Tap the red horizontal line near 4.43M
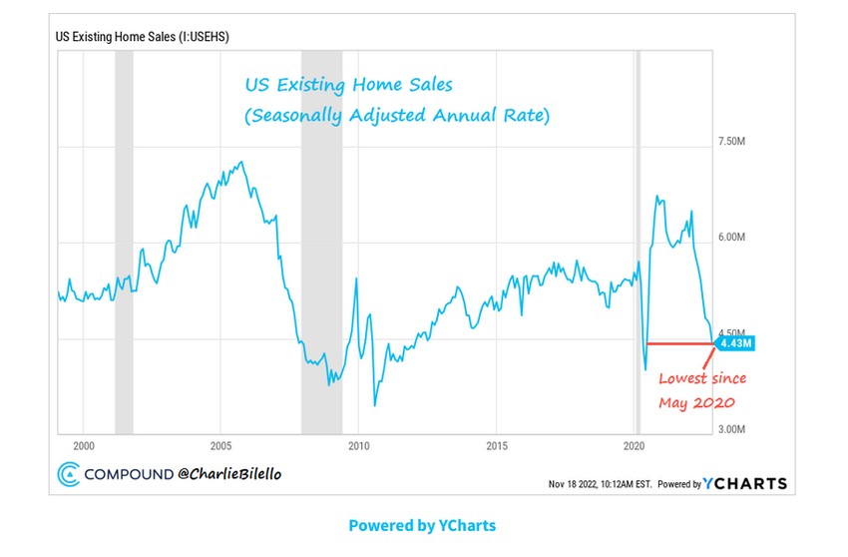coord(678,344)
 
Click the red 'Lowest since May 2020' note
coord(700,390)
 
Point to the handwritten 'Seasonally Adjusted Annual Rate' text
coord(397,116)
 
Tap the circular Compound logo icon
coord(69,475)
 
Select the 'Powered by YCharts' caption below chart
coord(422,525)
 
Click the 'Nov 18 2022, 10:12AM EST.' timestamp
coord(600,484)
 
